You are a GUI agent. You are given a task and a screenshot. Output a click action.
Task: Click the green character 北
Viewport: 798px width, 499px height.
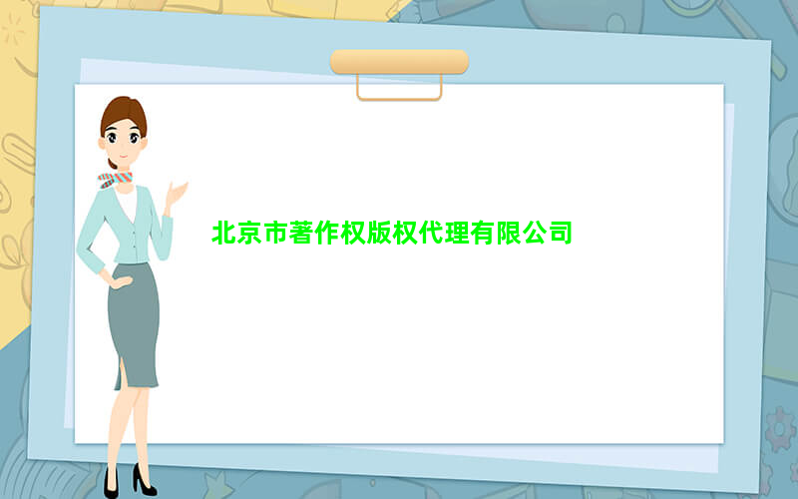[x=224, y=233]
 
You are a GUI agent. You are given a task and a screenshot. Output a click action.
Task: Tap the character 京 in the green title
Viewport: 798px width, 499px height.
[x=250, y=233]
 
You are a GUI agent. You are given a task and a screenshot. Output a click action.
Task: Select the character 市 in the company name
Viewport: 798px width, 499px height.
[x=276, y=233]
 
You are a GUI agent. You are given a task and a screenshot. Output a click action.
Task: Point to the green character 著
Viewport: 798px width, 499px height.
[x=302, y=233]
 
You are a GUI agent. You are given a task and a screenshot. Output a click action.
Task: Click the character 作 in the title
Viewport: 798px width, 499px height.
[x=328, y=233]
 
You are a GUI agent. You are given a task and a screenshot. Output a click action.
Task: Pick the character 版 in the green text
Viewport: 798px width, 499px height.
[x=379, y=233]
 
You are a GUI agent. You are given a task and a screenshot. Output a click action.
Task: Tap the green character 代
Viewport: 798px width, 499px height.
[x=431, y=233]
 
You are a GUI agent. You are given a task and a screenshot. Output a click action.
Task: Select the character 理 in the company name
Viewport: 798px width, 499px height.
[x=457, y=233]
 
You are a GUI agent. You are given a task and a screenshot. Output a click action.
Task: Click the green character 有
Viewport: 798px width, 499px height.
[x=483, y=233]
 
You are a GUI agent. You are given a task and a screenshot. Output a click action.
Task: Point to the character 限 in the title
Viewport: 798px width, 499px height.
[x=509, y=233]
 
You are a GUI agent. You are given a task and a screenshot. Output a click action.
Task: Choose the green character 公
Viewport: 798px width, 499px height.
[x=535, y=233]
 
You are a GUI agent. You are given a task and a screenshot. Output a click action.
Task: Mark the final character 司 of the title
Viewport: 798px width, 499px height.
[x=560, y=233]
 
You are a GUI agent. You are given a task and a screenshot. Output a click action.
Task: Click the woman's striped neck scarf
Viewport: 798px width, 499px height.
[x=115, y=180]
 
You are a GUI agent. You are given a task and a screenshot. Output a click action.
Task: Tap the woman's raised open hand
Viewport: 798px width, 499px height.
[x=177, y=194]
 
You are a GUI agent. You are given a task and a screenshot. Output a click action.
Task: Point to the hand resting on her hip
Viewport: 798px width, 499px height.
[x=121, y=281]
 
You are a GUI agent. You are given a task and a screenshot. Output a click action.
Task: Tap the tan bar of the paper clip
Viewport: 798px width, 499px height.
[x=400, y=62]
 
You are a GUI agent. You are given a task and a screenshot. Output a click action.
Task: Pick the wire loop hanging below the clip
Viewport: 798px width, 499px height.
[x=400, y=99]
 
